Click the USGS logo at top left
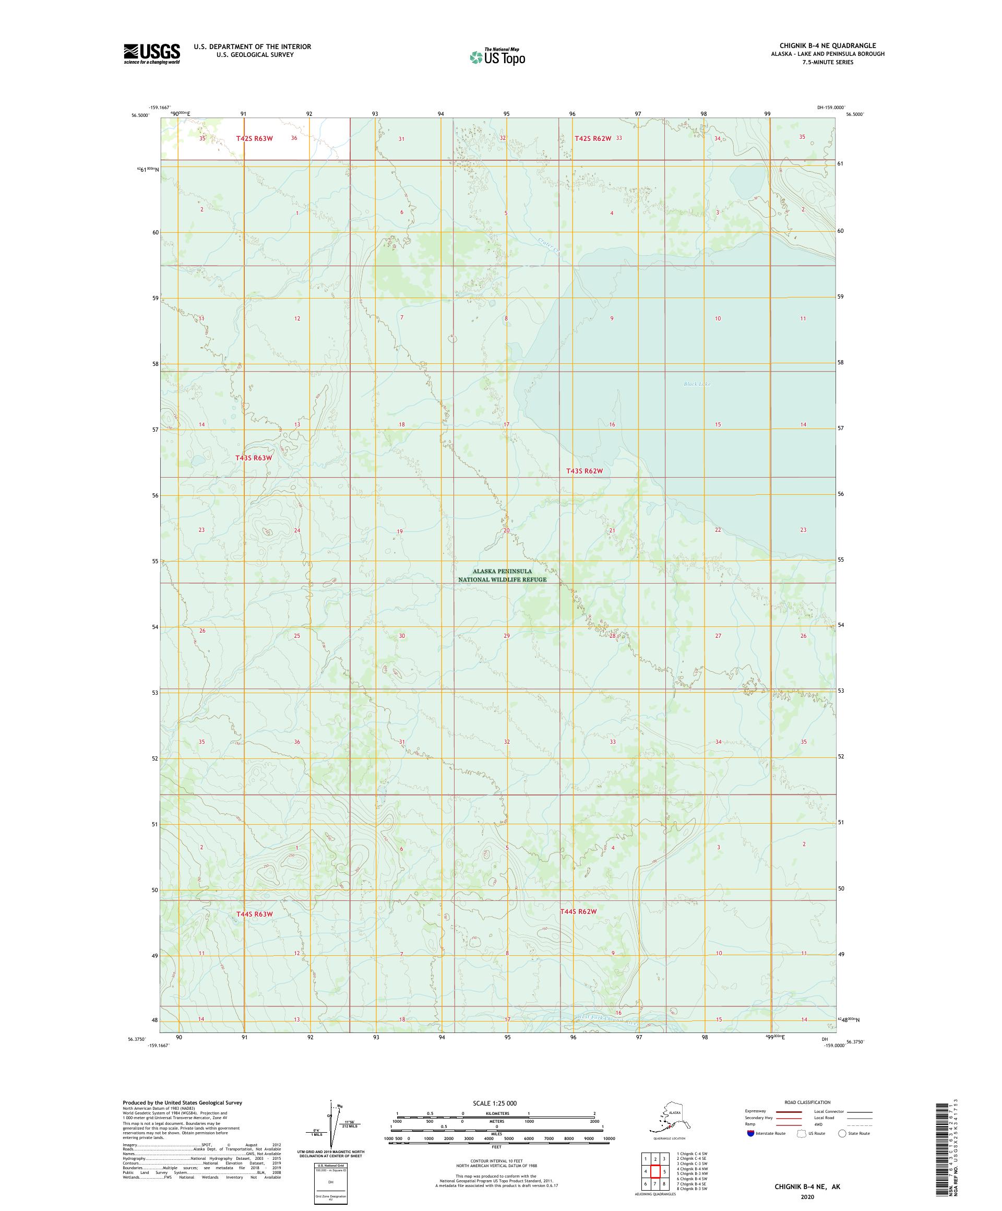point(151,54)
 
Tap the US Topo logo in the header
point(497,56)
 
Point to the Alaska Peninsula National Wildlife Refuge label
point(502,575)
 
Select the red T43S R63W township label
point(253,457)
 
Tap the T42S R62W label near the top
point(592,138)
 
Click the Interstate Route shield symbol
point(750,1133)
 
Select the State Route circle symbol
point(842,1133)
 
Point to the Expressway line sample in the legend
point(789,1111)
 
